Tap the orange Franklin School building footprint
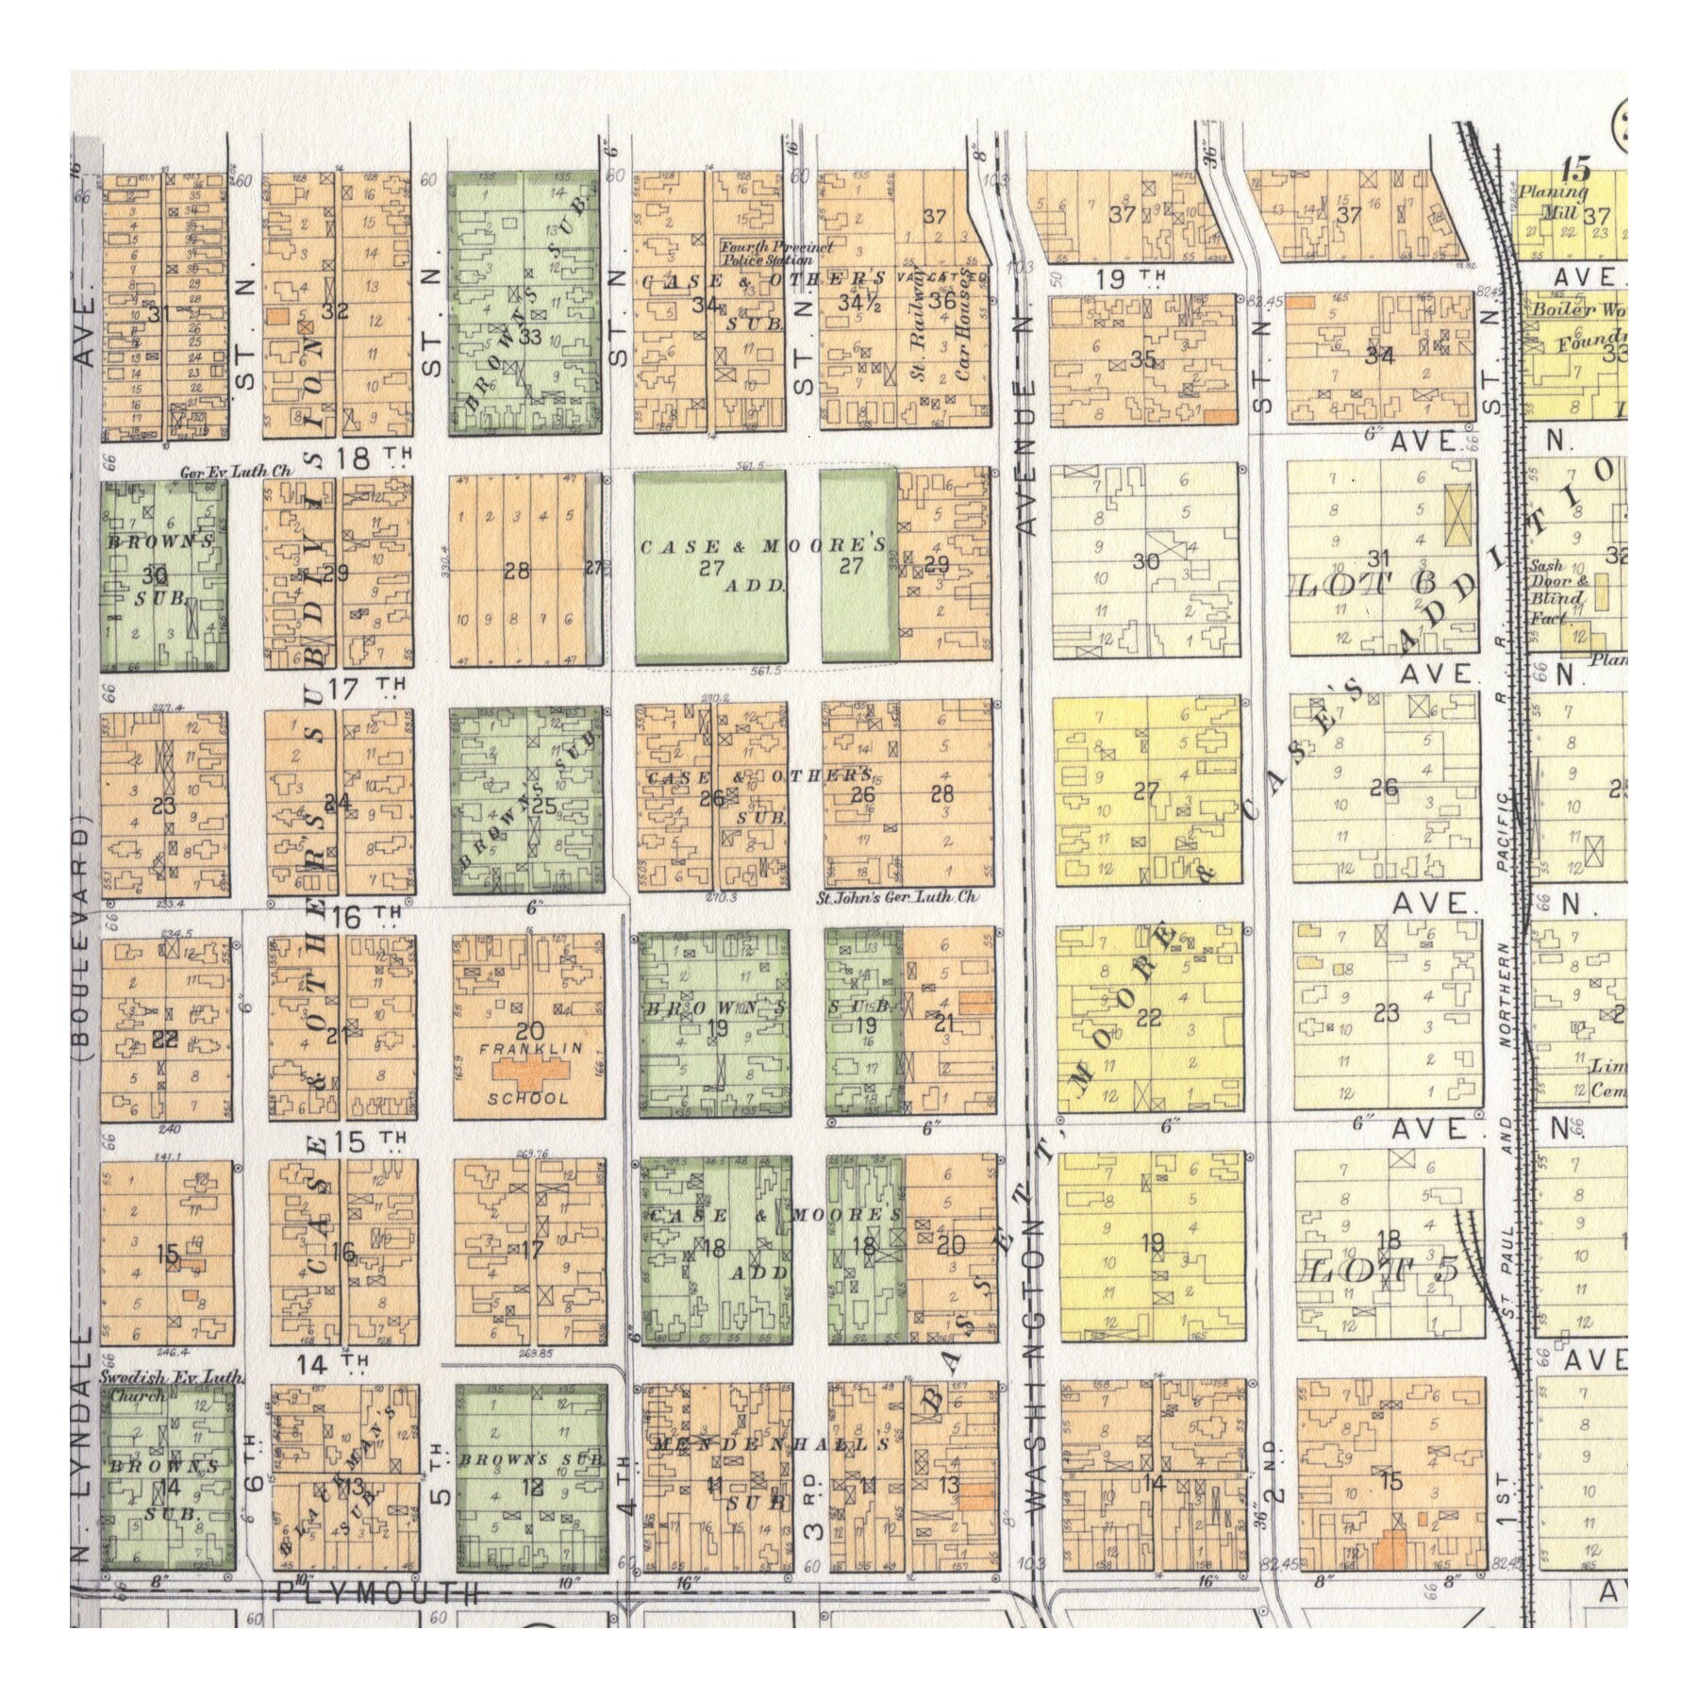point(527,1072)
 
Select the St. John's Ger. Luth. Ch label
point(897,897)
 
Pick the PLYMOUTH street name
point(377,1593)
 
